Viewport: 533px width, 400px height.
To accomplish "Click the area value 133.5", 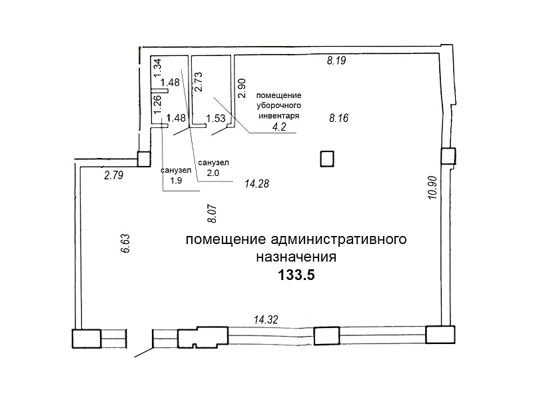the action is pyautogui.click(x=296, y=275).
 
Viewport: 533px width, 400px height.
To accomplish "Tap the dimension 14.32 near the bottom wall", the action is pyautogui.click(x=266, y=319).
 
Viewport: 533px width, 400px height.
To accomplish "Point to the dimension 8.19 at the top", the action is pyautogui.click(x=336, y=61).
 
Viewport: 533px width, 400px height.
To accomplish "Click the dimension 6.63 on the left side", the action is pyautogui.click(x=125, y=243).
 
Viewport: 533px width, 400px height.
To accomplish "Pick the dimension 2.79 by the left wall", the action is pyautogui.click(x=114, y=175).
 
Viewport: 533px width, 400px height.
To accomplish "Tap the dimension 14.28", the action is pyautogui.click(x=257, y=184).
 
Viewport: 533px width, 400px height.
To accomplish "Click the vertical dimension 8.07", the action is pyautogui.click(x=212, y=213).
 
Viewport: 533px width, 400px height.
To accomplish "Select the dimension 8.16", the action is pyautogui.click(x=338, y=118).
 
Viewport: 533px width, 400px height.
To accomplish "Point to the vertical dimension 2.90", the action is pyautogui.click(x=241, y=89).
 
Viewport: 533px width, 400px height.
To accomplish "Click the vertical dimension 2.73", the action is pyautogui.click(x=198, y=81).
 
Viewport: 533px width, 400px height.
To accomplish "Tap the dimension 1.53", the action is pyautogui.click(x=216, y=119).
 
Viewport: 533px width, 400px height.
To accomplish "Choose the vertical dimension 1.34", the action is pyautogui.click(x=157, y=69).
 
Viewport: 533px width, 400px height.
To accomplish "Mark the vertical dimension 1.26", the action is pyautogui.click(x=157, y=105).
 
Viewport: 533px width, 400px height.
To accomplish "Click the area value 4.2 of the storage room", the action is pyautogui.click(x=279, y=127).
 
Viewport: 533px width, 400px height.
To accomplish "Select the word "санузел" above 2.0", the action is pyautogui.click(x=213, y=163).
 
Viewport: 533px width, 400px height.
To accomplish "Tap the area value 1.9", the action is pyautogui.click(x=176, y=180).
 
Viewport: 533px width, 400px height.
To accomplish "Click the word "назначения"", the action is pyautogui.click(x=296, y=257).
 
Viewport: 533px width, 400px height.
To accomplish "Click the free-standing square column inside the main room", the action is pyautogui.click(x=327, y=159).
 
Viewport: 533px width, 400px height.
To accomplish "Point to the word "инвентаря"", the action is pyautogui.click(x=278, y=115).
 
